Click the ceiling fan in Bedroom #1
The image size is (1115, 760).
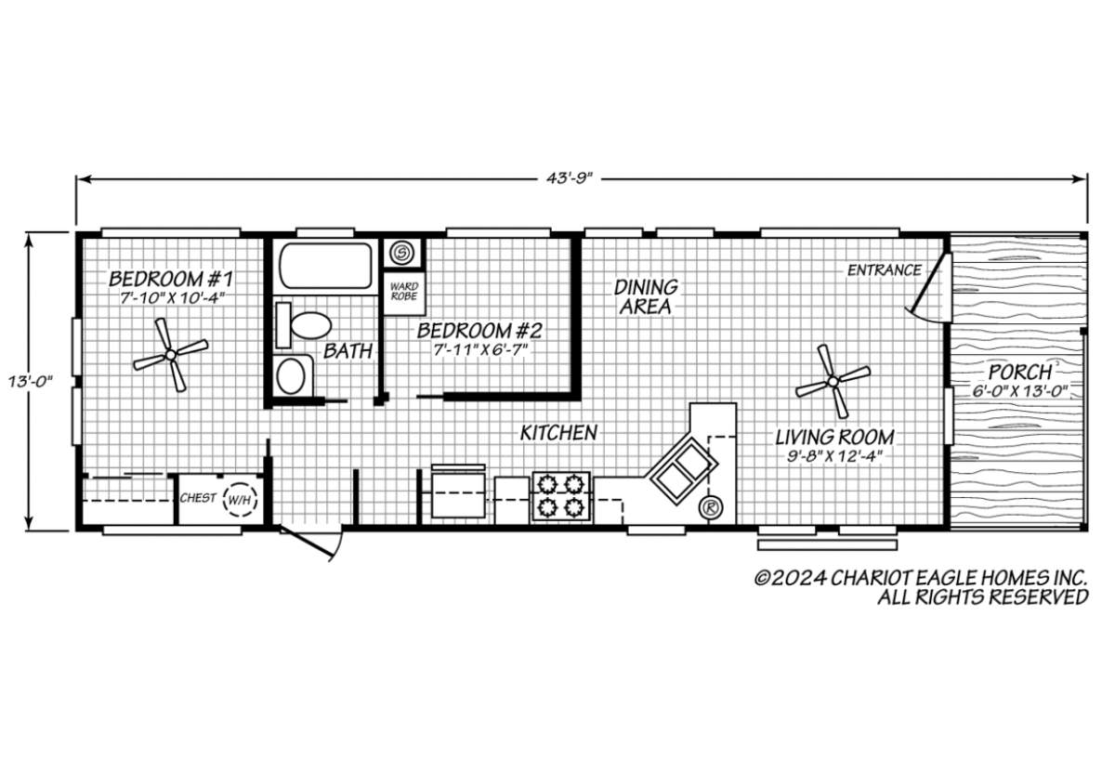pos(170,355)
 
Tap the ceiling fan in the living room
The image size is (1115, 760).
pos(833,382)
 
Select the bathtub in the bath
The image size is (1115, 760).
pos(325,266)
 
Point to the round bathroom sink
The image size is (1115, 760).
pos(291,377)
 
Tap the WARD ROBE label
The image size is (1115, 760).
pos(403,291)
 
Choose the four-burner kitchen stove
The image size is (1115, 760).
pos(561,497)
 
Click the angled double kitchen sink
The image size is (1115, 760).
pos(682,468)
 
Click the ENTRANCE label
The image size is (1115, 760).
pos(884,270)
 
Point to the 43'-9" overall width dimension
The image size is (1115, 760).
pos(570,178)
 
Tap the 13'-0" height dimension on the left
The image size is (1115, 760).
pos(30,381)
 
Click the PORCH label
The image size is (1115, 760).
pos(1020,373)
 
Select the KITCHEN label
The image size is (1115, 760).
pos(558,433)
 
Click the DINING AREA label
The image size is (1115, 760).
pos(646,297)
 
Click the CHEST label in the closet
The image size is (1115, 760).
pos(198,498)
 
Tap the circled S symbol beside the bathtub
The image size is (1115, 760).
pos(400,254)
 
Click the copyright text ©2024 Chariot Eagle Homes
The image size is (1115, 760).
pos(921,579)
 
